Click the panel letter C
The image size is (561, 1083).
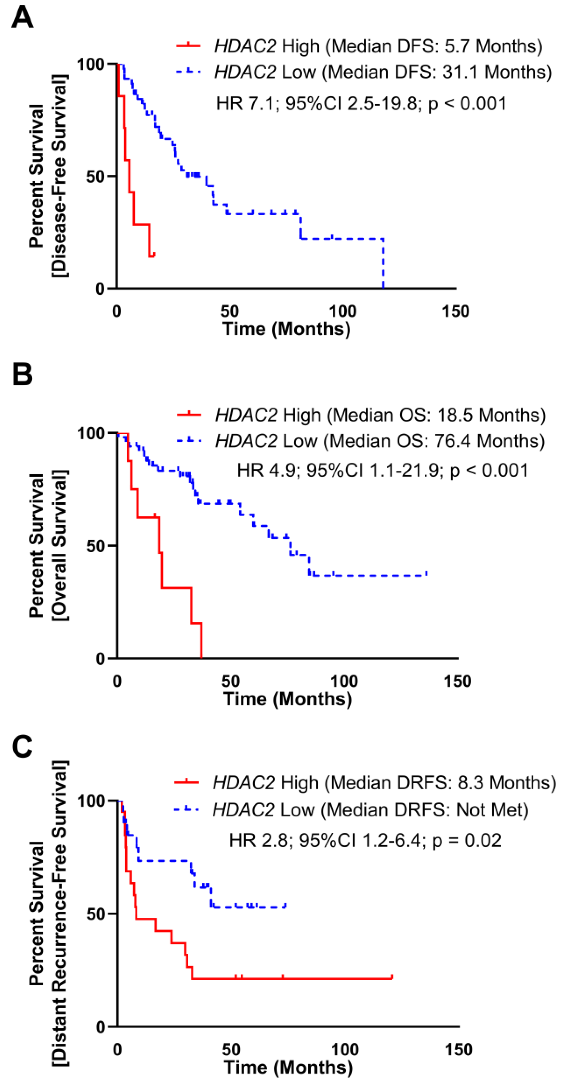pyautogui.click(x=22, y=746)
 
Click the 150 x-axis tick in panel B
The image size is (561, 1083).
pyautogui.click(x=458, y=681)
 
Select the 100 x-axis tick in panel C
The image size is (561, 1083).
pyautogui.click(x=345, y=1049)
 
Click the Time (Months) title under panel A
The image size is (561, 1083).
pyautogui.click(x=286, y=329)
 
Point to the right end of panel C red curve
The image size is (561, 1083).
pyautogui.click(x=392, y=977)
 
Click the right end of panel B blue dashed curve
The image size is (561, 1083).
pyautogui.click(x=427, y=574)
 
